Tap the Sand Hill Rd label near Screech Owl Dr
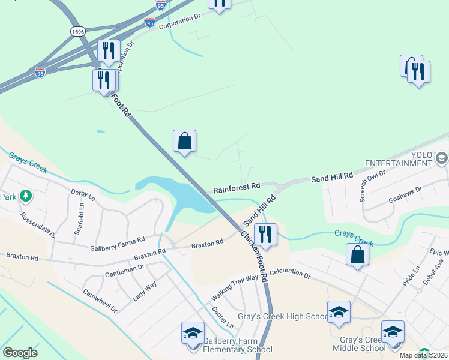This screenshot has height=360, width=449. click(332, 177)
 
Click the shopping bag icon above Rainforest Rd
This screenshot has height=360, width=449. click(185, 142)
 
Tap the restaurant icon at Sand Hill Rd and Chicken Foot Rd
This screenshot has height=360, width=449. click(265, 233)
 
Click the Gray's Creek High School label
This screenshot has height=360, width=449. click(283, 317)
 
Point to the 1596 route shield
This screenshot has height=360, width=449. click(77, 31)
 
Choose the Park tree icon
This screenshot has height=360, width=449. click(26, 196)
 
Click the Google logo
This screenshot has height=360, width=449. click(20, 353)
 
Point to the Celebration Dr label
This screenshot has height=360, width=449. click(290, 274)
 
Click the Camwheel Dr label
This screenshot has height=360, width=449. click(100, 300)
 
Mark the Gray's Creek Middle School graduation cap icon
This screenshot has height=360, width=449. click(393, 332)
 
